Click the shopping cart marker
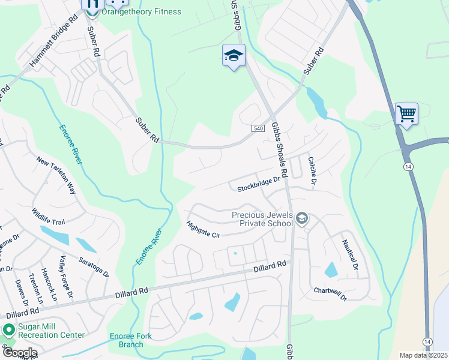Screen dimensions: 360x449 (x=406, y=113)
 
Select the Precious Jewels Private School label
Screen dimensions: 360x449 (x=262, y=219)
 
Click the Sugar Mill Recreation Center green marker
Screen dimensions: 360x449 (x=9, y=329)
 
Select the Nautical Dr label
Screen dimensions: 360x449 (x=350, y=254)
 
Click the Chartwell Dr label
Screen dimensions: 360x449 (x=330, y=293)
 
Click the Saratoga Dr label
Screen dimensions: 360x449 (x=93, y=267)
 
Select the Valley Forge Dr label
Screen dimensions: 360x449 (x=65, y=277)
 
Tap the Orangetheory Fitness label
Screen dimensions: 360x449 (x=141, y=11)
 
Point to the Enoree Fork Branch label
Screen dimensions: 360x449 (x=131, y=340)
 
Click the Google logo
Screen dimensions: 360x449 (x=19, y=352)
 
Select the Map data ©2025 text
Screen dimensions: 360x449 (x=423, y=355)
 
